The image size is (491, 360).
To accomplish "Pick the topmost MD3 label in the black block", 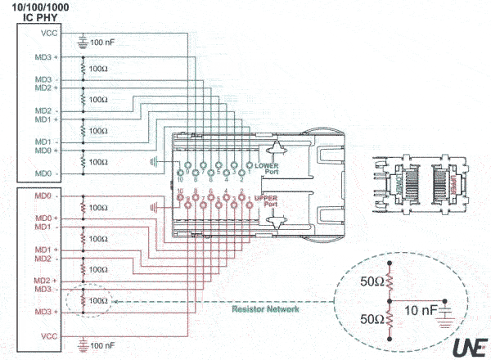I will [x=44, y=57].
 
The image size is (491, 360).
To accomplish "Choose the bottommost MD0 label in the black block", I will [x=44, y=173].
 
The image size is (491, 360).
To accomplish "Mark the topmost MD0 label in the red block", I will [x=44, y=196].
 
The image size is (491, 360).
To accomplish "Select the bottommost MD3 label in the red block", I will [x=44, y=312].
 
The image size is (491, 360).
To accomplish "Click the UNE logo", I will [x=469, y=344].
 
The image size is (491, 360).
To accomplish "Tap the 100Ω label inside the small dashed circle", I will [x=98, y=300].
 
